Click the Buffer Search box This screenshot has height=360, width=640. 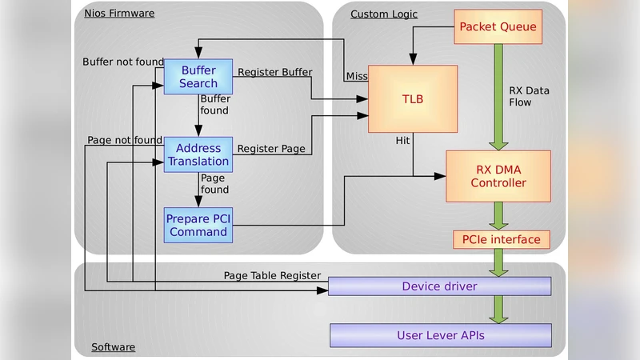pos(198,77)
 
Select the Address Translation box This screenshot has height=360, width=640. pos(198,154)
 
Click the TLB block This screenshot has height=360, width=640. pos(412,98)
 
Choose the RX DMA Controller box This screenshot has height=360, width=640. pos(498,175)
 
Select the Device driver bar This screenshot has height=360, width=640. pos(440,286)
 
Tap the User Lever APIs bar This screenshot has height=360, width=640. pos(440,335)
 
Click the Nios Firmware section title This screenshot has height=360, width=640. pos(119,14)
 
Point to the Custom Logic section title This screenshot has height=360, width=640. pos(384,14)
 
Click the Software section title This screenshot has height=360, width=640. pos(113,347)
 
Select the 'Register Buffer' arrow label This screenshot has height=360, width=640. pos(274,72)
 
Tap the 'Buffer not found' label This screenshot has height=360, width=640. pos(123,62)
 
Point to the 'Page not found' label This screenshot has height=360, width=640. pos(125,140)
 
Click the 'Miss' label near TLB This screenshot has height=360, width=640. pos(356,76)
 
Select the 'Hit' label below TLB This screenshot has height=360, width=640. pos(403,140)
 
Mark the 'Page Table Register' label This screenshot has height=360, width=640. pos(272,275)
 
